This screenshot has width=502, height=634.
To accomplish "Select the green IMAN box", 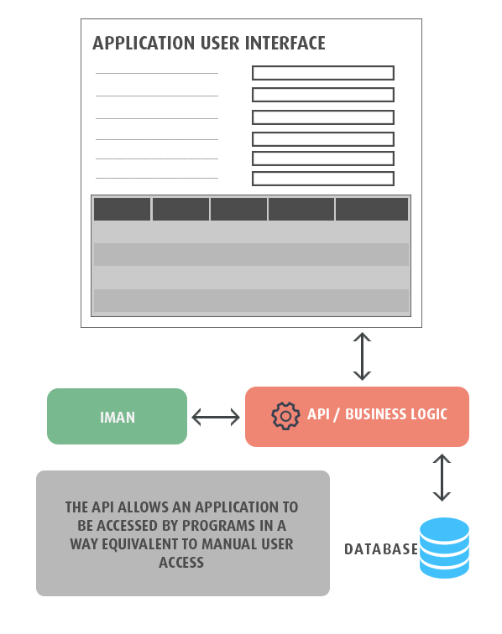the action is (117, 417).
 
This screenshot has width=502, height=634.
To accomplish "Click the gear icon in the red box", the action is (285, 416).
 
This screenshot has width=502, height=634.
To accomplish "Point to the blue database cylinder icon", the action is (444, 548).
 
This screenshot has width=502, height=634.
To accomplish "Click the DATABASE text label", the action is (381, 549).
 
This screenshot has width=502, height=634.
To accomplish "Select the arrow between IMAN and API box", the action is (216, 417).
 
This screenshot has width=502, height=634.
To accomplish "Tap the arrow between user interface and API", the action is (362, 356).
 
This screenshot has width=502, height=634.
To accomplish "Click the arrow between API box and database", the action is (442, 477).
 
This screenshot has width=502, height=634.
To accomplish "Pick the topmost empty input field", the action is (323, 73).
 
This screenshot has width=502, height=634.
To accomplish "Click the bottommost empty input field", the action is (323, 179).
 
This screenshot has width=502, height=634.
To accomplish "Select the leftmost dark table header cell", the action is (123, 209).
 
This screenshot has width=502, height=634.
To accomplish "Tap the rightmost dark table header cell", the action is (372, 209).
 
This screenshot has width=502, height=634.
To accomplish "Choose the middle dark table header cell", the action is (238, 209).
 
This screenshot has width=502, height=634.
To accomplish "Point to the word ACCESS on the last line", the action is (181, 563).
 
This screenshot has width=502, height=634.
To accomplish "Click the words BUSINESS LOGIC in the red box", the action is (396, 414).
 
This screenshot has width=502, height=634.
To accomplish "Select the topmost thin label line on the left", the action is (157, 73).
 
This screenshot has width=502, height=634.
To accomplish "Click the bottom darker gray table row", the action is (251, 300).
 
